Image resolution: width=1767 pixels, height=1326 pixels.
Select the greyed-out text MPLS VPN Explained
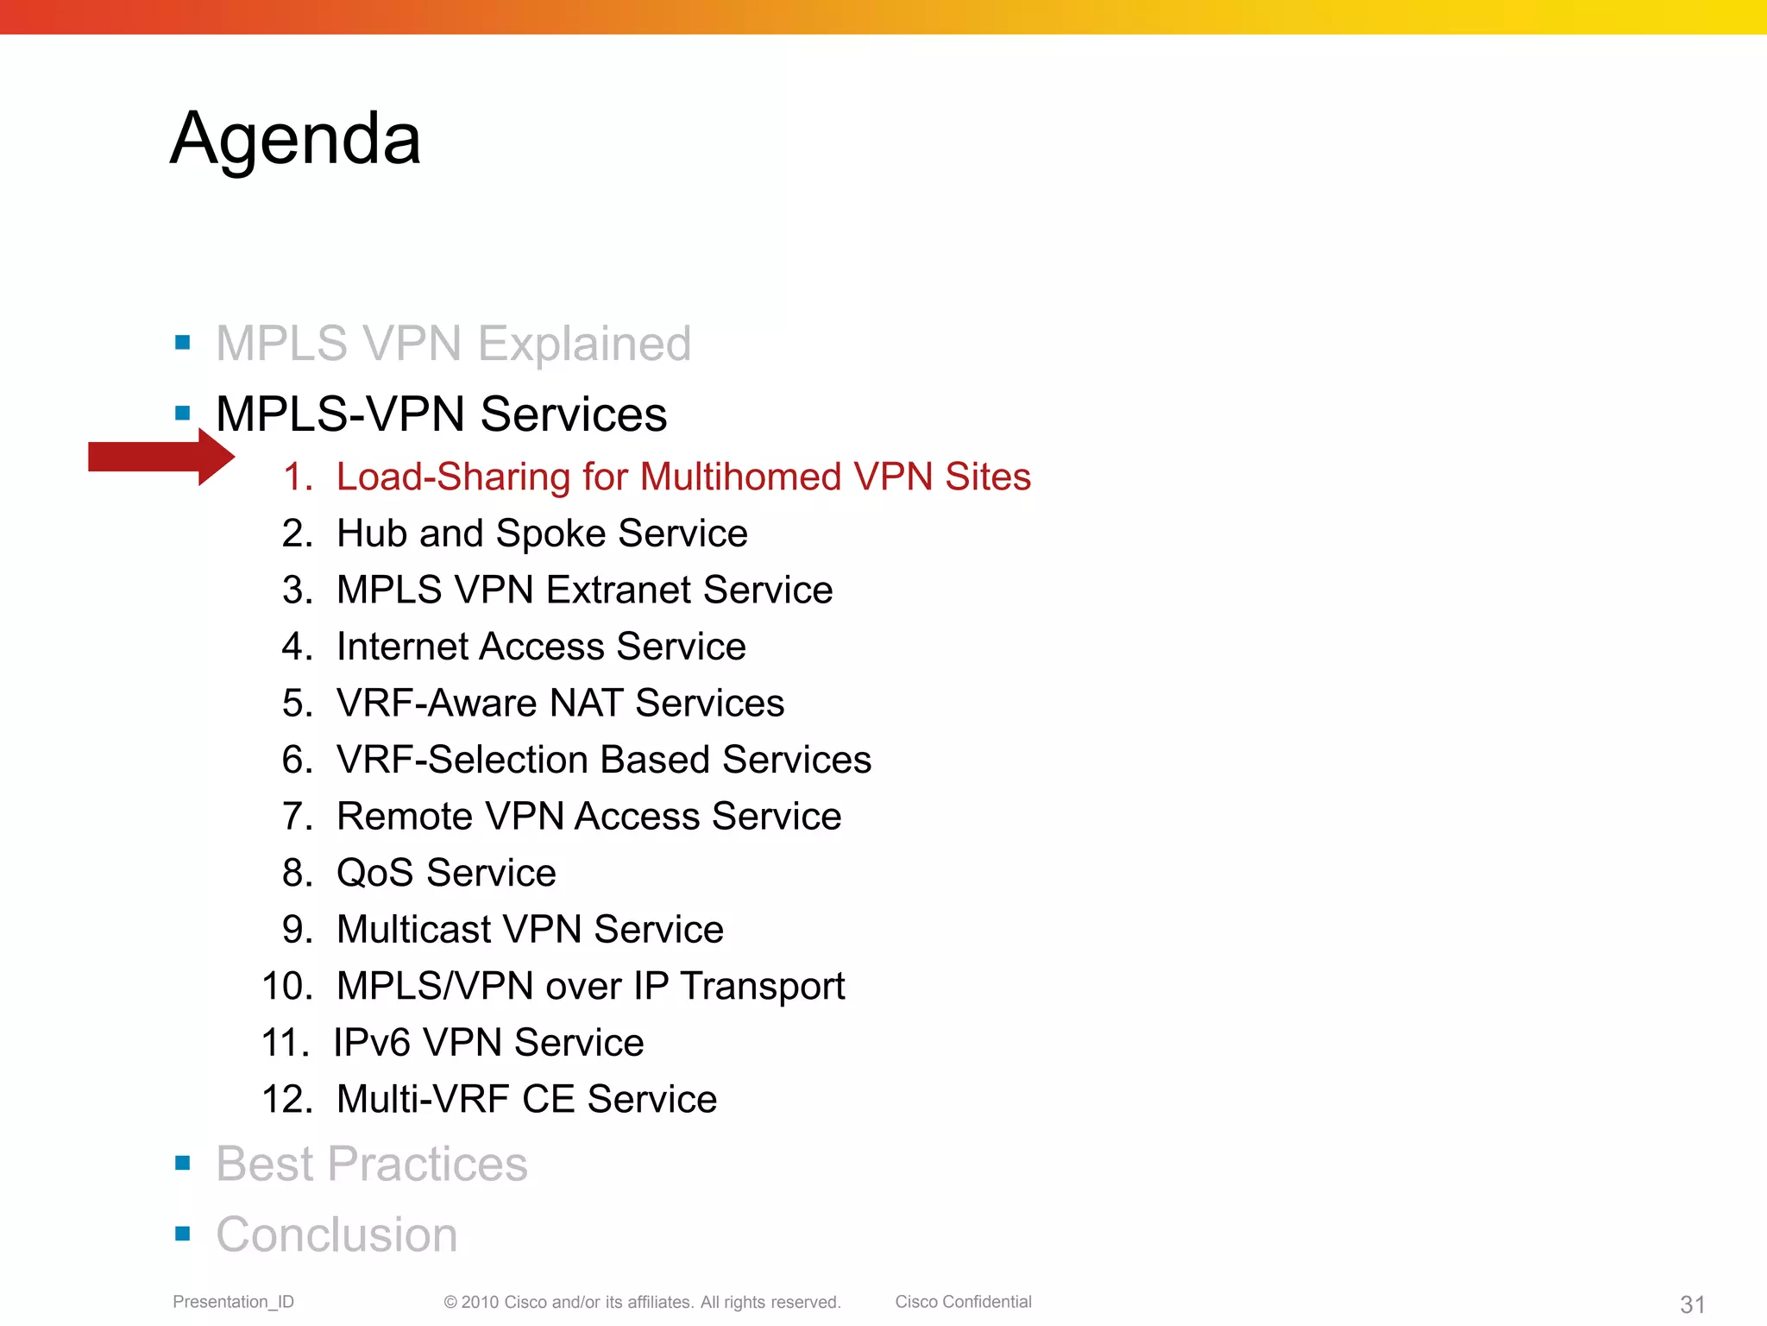pos(453,343)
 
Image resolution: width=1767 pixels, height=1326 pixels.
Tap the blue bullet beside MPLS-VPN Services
pos(182,414)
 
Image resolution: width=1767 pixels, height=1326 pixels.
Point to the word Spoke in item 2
pos(550,534)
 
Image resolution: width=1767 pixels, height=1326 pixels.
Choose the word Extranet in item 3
pos(619,590)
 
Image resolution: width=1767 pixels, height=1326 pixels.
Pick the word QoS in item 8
pos(374,873)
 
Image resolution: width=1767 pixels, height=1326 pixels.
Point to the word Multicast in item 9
pos(413,930)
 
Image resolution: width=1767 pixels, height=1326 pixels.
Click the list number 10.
pos(286,986)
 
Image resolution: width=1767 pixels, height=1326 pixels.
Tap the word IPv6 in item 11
pos(372,1043)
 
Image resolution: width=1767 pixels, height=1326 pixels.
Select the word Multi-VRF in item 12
pos(422,1099)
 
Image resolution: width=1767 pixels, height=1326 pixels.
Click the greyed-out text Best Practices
pos(371,1164)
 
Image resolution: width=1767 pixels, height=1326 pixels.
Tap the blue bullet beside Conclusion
pos(182,1234)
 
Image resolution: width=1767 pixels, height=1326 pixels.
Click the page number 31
pos(1692,1304)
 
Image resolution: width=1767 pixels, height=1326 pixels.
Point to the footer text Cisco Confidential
pos(963,1302)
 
